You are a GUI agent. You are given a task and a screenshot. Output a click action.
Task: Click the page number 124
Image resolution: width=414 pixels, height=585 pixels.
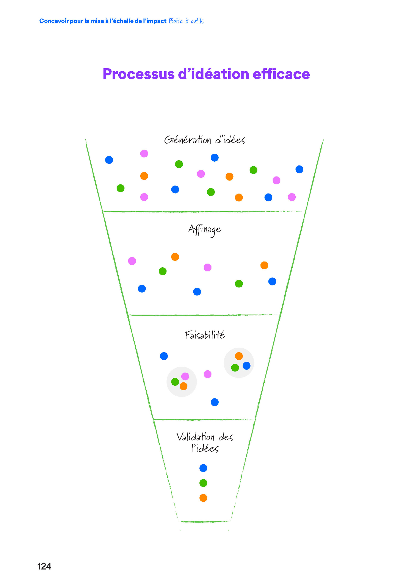pos(44,566)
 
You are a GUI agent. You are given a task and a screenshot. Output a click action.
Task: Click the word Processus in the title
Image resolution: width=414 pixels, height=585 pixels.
pos(138,74)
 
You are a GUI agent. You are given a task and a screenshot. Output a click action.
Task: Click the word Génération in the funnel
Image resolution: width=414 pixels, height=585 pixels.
pos(188,140)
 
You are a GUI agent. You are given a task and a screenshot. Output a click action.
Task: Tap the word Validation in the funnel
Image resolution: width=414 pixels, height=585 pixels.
pos(195,437)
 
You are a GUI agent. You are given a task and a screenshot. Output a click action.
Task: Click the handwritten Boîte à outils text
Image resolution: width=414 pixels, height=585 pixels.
pos(186,21)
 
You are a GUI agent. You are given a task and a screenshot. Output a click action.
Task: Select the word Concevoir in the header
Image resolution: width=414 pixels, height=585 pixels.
pos(54,21)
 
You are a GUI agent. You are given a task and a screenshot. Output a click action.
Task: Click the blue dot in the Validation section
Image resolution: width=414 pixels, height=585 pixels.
pos(203,468)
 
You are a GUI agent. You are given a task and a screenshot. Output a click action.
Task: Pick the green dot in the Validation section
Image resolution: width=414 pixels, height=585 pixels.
pos(203,483)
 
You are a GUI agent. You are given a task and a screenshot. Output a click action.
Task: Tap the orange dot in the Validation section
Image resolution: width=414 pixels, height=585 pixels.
pos(203,498)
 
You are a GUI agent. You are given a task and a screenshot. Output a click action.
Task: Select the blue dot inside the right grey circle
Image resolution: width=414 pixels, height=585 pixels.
pos(246,366)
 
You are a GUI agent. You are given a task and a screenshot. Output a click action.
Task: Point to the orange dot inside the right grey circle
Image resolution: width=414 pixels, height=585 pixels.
pos(239,356)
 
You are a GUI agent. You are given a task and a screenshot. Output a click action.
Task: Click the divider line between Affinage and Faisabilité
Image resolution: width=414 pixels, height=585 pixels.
pos(204,315)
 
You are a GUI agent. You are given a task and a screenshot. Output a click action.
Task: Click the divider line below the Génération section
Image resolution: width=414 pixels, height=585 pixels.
pos(204,211)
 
